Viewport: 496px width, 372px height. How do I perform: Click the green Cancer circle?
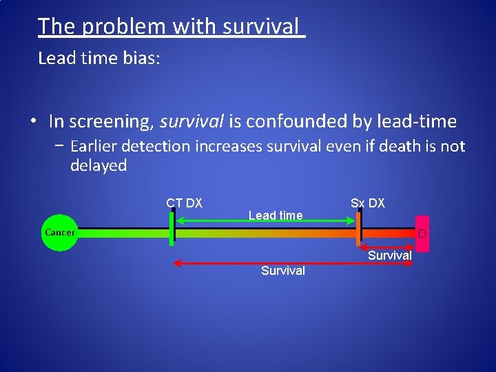60,233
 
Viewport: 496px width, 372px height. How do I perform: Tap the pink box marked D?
422,234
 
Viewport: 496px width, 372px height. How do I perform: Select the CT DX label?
184,203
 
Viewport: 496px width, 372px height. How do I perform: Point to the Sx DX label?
368,203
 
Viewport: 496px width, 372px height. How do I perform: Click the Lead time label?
276,216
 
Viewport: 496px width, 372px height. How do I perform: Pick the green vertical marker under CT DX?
172,229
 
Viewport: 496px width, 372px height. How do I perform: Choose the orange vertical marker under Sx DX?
358,229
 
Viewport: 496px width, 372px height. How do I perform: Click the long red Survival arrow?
293,263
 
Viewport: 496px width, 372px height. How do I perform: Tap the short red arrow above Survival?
387,247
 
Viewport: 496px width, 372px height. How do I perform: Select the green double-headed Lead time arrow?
265,221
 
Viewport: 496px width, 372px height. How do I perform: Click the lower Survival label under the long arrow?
283,271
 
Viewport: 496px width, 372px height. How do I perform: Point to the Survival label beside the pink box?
390,256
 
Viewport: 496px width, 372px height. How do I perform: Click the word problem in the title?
124,26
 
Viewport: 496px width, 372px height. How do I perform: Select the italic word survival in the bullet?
192,121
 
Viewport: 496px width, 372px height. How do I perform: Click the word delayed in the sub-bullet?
99,165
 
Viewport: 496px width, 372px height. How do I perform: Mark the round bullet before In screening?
34,121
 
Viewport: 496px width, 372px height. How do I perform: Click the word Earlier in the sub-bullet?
94,146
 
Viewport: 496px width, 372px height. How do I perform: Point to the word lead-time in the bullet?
417,121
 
